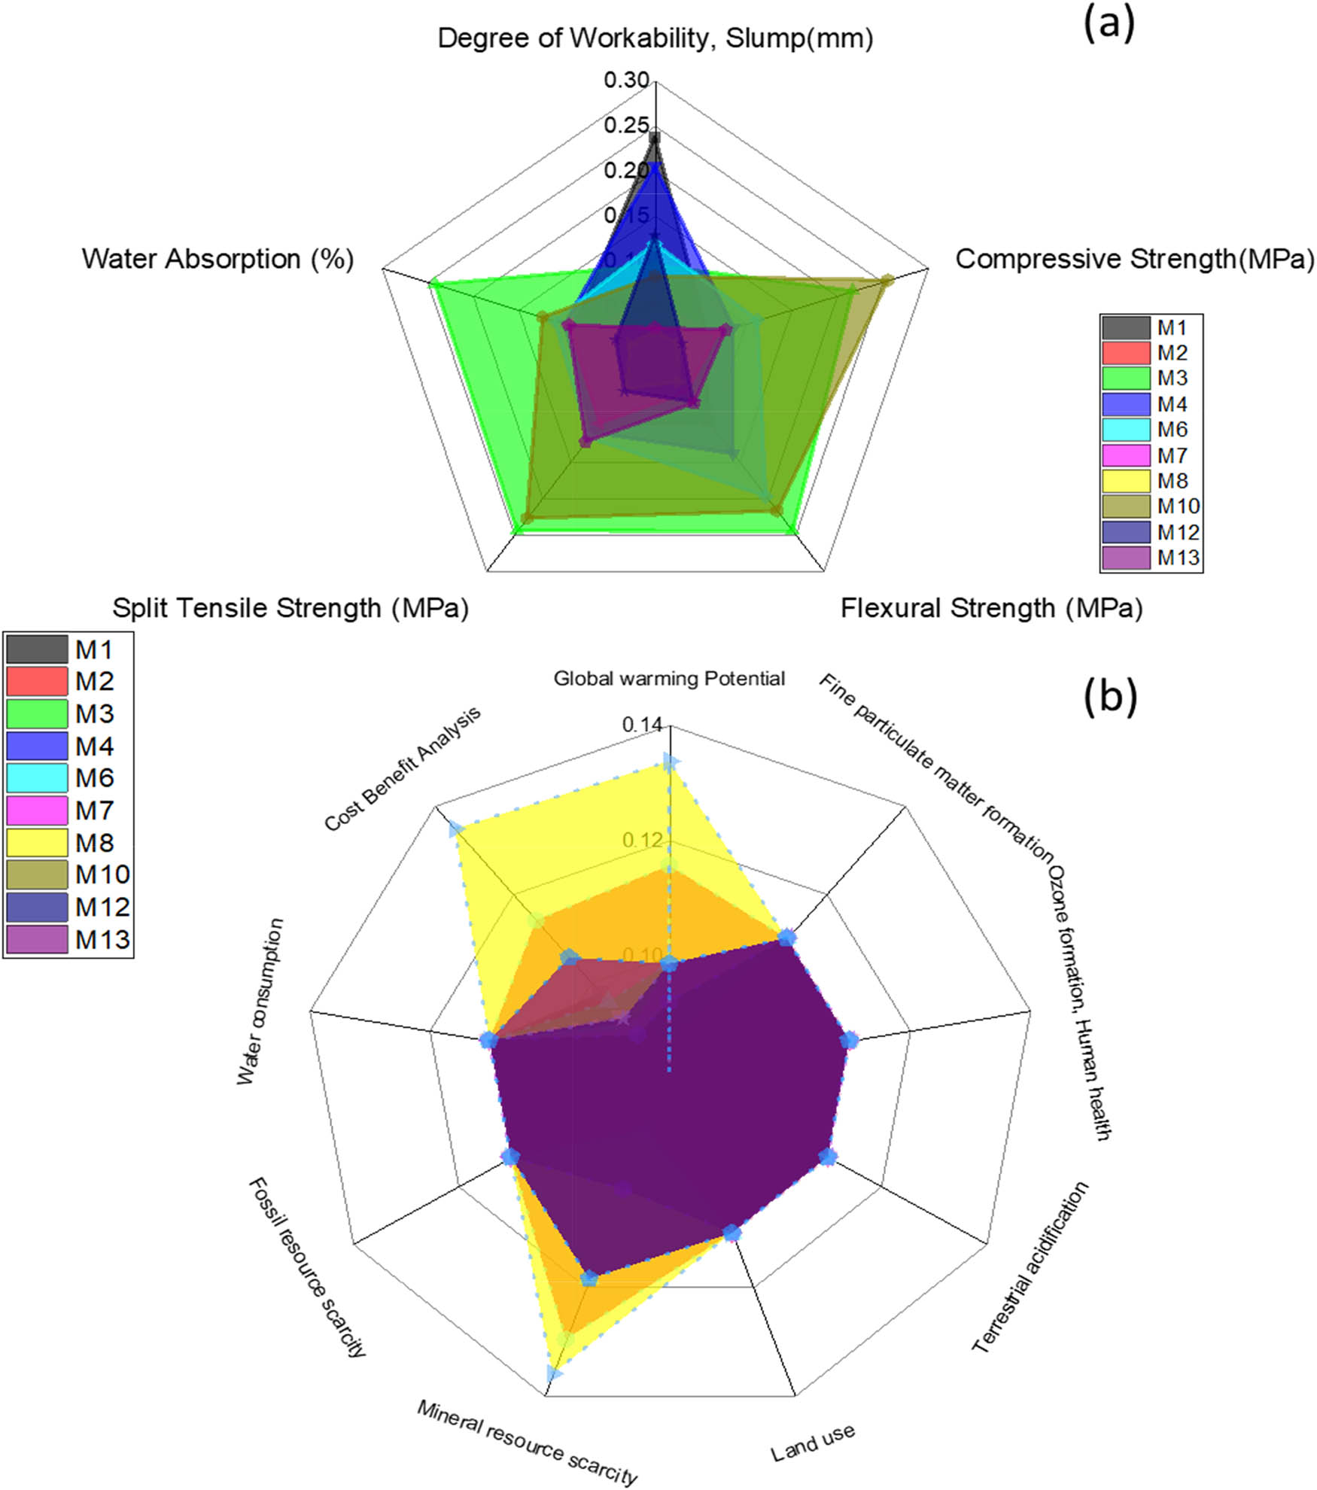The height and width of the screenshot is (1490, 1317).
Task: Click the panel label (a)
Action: pos(1109,25)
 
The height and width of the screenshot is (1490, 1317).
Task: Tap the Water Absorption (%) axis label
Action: pos(217,259)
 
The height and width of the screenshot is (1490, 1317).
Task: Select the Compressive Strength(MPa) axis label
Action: pos(1135,259)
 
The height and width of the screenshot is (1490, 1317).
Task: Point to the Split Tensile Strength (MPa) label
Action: pos(290,608)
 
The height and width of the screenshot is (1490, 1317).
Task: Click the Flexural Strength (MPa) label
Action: pos(991,608)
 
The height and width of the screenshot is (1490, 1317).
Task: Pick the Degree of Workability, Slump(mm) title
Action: pos(655,38)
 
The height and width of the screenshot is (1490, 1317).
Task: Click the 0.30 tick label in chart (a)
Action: pos(626,80)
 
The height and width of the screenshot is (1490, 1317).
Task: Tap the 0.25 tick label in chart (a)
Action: pos(626,125)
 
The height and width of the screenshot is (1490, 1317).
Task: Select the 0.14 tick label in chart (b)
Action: pos(642,725)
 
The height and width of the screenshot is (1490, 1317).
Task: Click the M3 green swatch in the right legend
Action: pos(1126,378)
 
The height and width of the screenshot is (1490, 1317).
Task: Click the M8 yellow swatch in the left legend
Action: pos(37,843)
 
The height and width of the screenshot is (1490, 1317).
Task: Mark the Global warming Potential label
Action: pos(669,679)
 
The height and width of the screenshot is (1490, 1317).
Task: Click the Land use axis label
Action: pos(813,1442)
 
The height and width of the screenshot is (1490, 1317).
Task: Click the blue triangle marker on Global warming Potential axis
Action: pos(669,762)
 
